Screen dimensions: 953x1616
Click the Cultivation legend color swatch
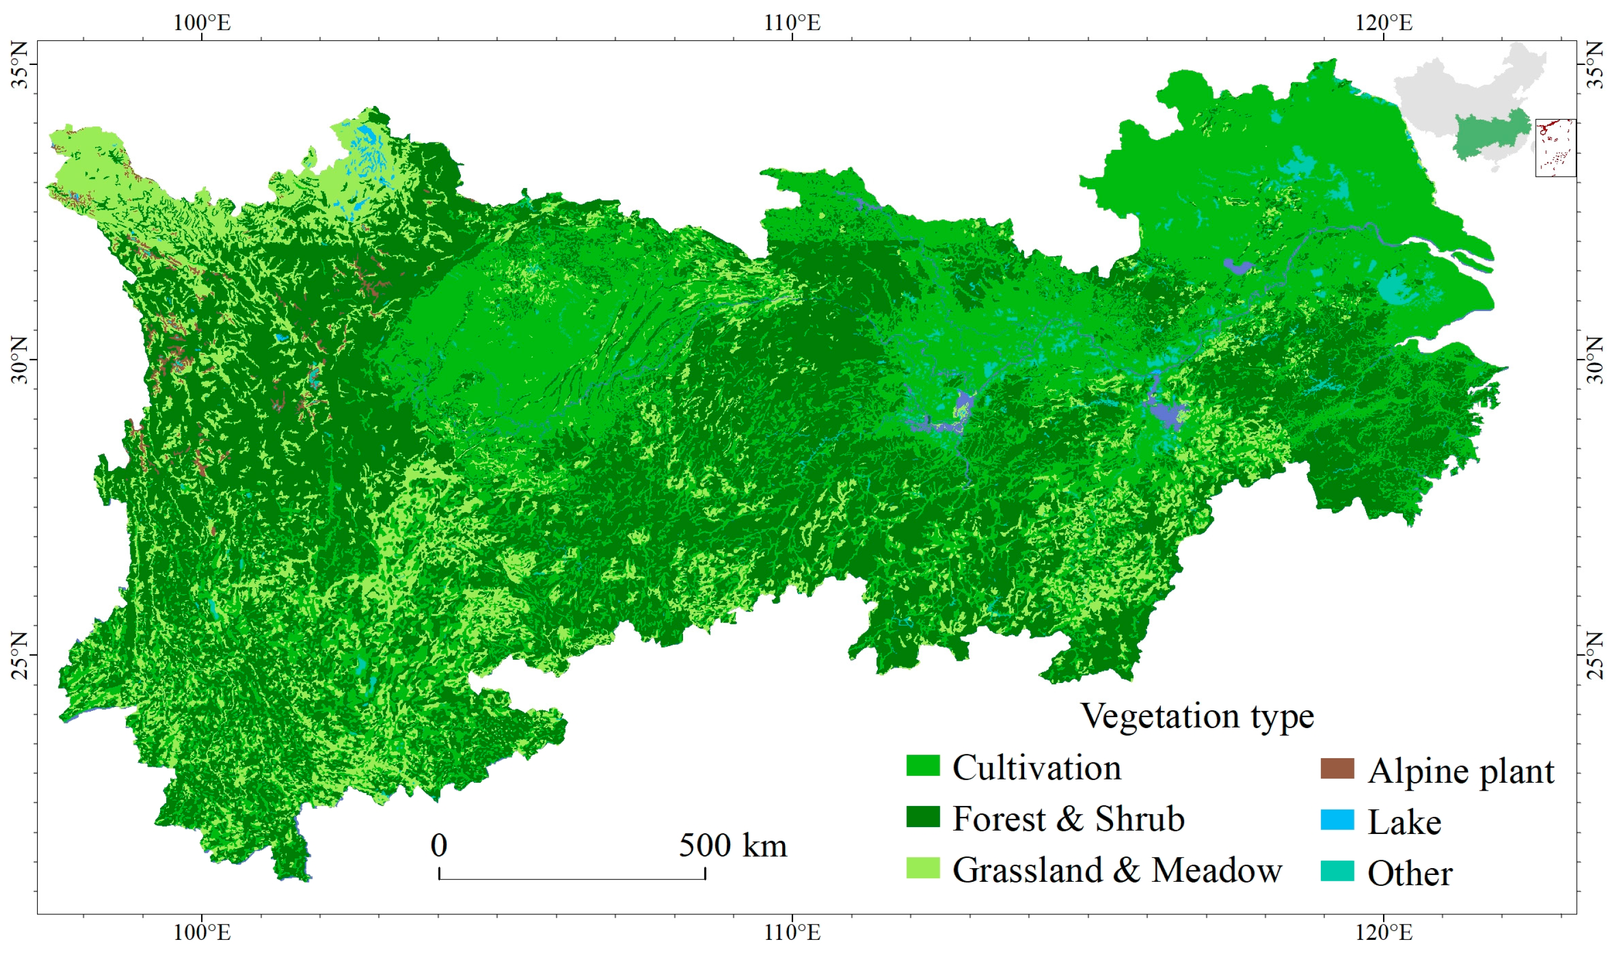pyautogui.click(x=923, y=766)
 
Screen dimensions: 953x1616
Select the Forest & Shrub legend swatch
pyautogui.click(x=923, y=817)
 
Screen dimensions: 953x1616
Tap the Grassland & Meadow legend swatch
pyautogui.click(x=923, y=868)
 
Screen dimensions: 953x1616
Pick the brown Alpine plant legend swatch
pyautogui.click(x=1337, y=768)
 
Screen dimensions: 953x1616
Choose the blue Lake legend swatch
pyautogui.click(x=1337, y=820)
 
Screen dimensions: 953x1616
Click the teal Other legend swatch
pyautogui.click(x=1337, y=871)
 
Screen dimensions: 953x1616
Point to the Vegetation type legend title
pyautogui.click(x=1197, y=716)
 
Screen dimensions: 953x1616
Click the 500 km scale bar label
pyautogui.click(x=733, y=845)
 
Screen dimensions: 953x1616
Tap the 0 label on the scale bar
pyautogui.click(x=439, y=845)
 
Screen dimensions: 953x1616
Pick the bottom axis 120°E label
pyautogui.click(x=1384, y=932)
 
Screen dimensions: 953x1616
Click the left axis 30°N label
pyautogui.click(x=19, y=359)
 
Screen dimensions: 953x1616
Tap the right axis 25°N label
pyautogui.click(x=1595, y=655)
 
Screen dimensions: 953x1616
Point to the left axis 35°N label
pyautogui.click(x=19, y=65)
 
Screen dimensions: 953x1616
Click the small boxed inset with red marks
pyautogui.click(x=1555, y=147)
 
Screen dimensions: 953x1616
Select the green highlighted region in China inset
pyautogui.click(x=1490, y=135)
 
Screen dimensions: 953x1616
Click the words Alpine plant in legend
pyautogui.click(x=1460, y=771)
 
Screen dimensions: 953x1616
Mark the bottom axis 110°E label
pyautogui.click(x=792, y=932)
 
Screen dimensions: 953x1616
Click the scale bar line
pyautogui.click(x=571, y=879)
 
